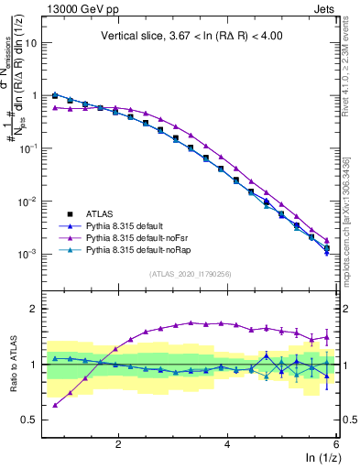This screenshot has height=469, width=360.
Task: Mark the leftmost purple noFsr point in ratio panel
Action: point(55,405)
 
